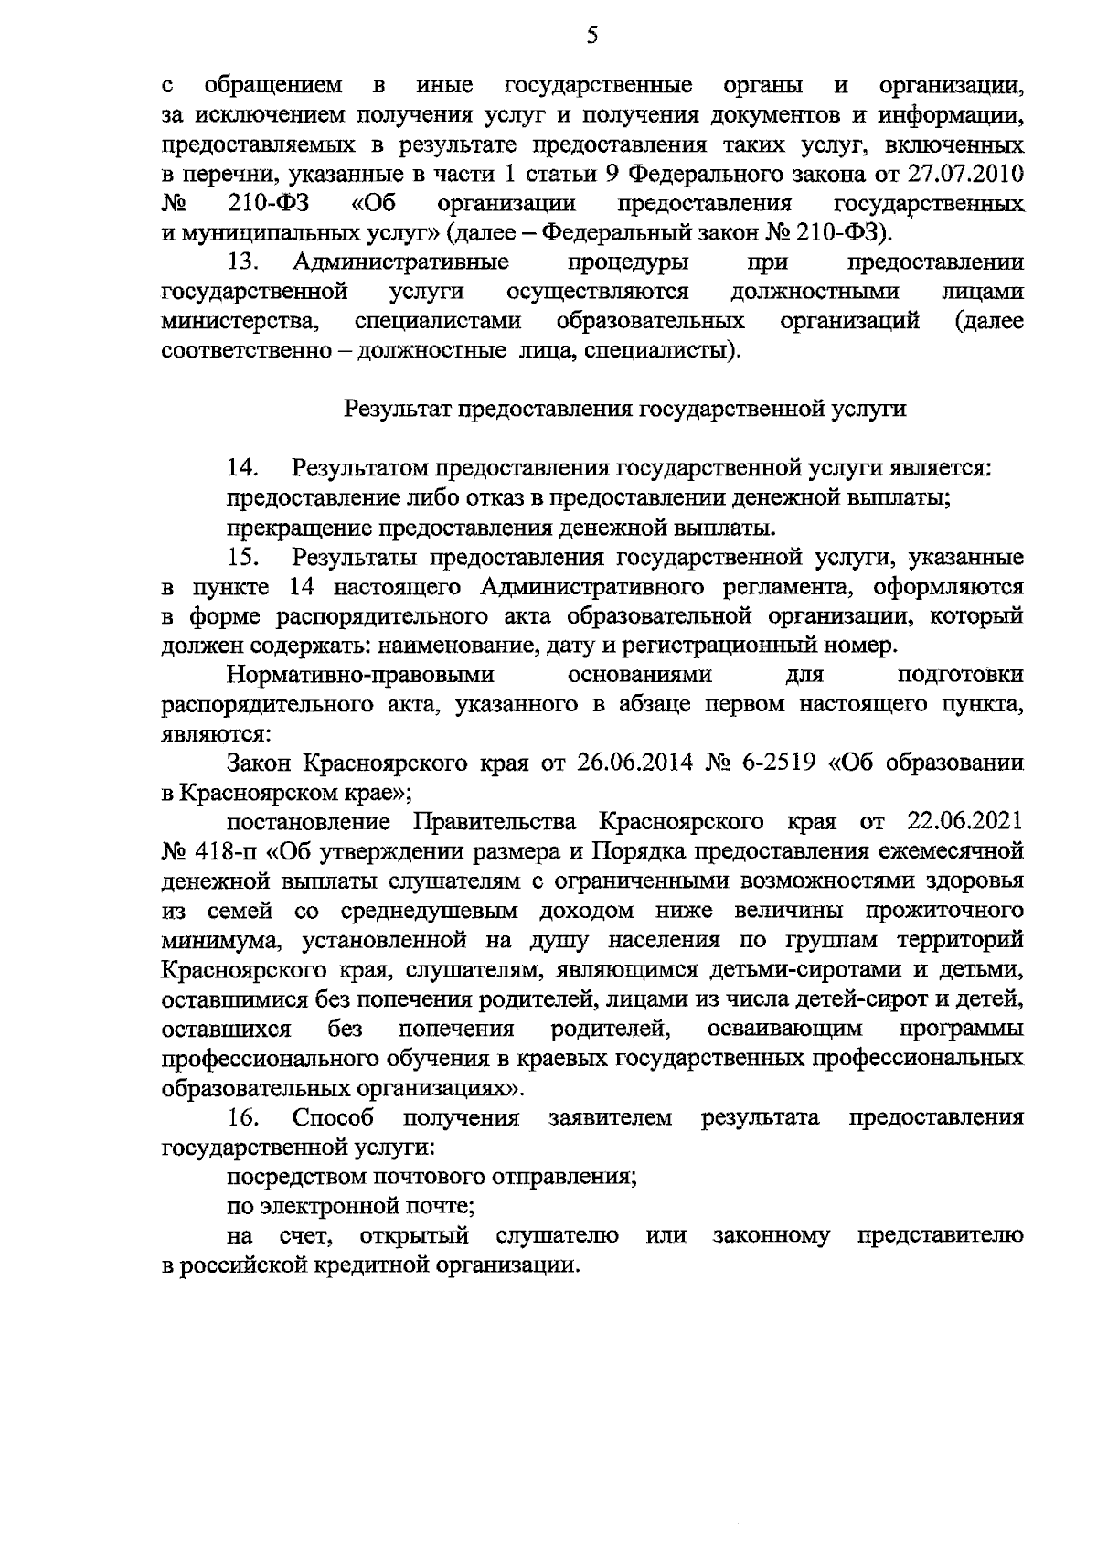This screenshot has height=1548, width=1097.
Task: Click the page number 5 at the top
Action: pyautogui.click(x=591, y=35)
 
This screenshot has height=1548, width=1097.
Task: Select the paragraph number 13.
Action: pyautogui.click(x=244, y=262)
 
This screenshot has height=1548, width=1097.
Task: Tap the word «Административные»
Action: pyautogui.click(x=401, y=262)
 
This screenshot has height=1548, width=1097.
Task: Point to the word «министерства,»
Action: pyautogui.click(x=240, y=322)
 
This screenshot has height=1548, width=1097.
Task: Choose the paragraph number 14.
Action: pyautogui.click(x=244, y=468)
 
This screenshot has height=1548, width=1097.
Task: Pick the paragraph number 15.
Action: pyautogui.click(x=244, y=557)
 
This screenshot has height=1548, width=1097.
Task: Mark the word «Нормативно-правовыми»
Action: pyautogui.click(x=361, y=675)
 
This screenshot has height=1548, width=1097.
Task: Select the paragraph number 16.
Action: pyautogui.click(x=244, y=1117)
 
